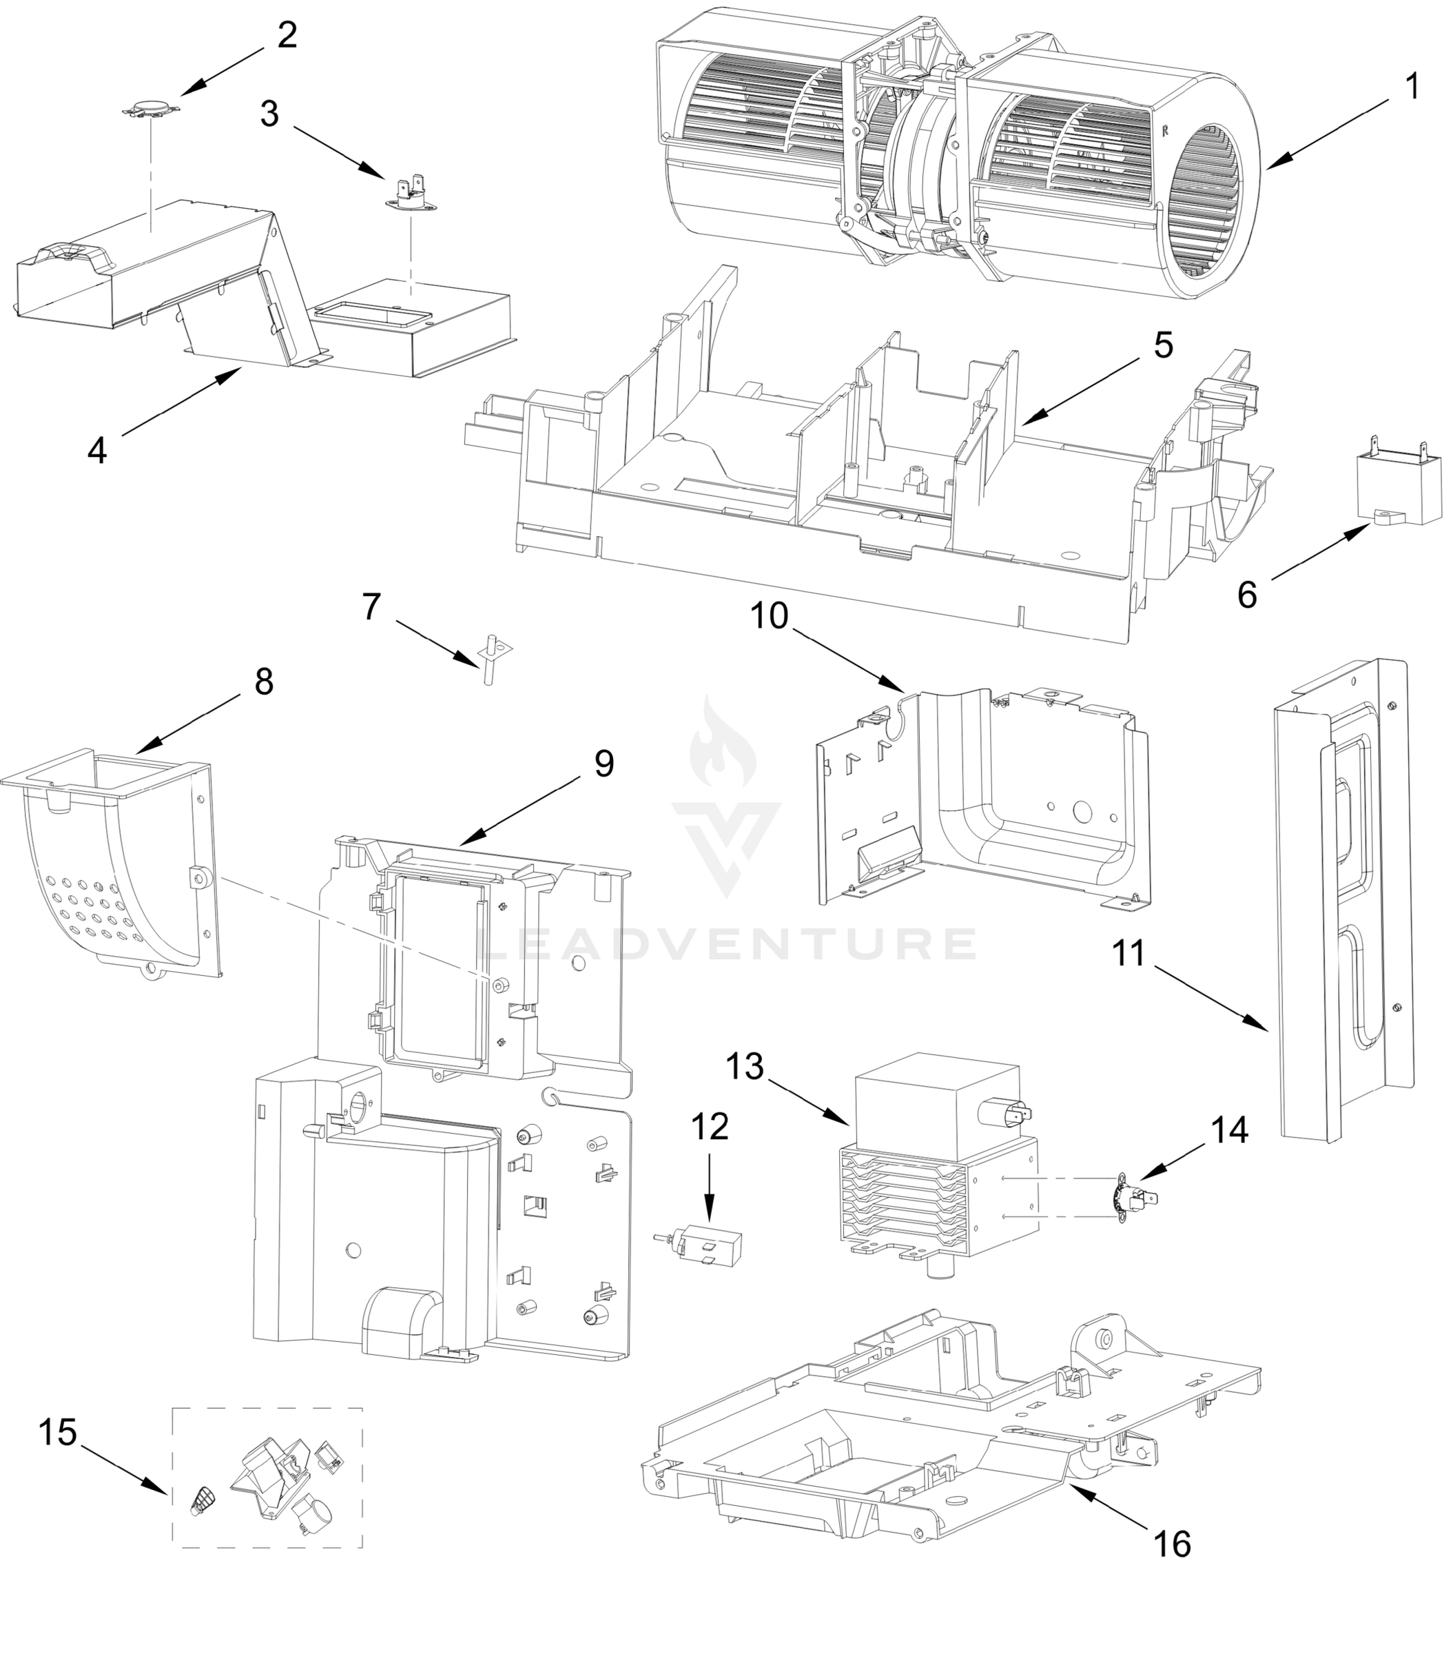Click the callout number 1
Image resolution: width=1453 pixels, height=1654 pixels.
click(1412, 87)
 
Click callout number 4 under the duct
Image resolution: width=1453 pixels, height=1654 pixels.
click(97, 451)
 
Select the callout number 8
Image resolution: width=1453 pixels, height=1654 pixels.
click(264, 682)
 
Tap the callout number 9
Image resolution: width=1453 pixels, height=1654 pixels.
click(604, 763)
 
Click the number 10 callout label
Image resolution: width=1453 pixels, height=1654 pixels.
click(769, 616)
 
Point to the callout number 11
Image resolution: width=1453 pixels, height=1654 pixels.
click(1129, 953)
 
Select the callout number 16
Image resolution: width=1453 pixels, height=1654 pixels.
click(1171, 1544)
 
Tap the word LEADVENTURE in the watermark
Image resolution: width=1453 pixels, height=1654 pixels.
click(726, 943)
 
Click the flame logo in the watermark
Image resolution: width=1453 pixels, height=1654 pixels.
click(723, 743)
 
